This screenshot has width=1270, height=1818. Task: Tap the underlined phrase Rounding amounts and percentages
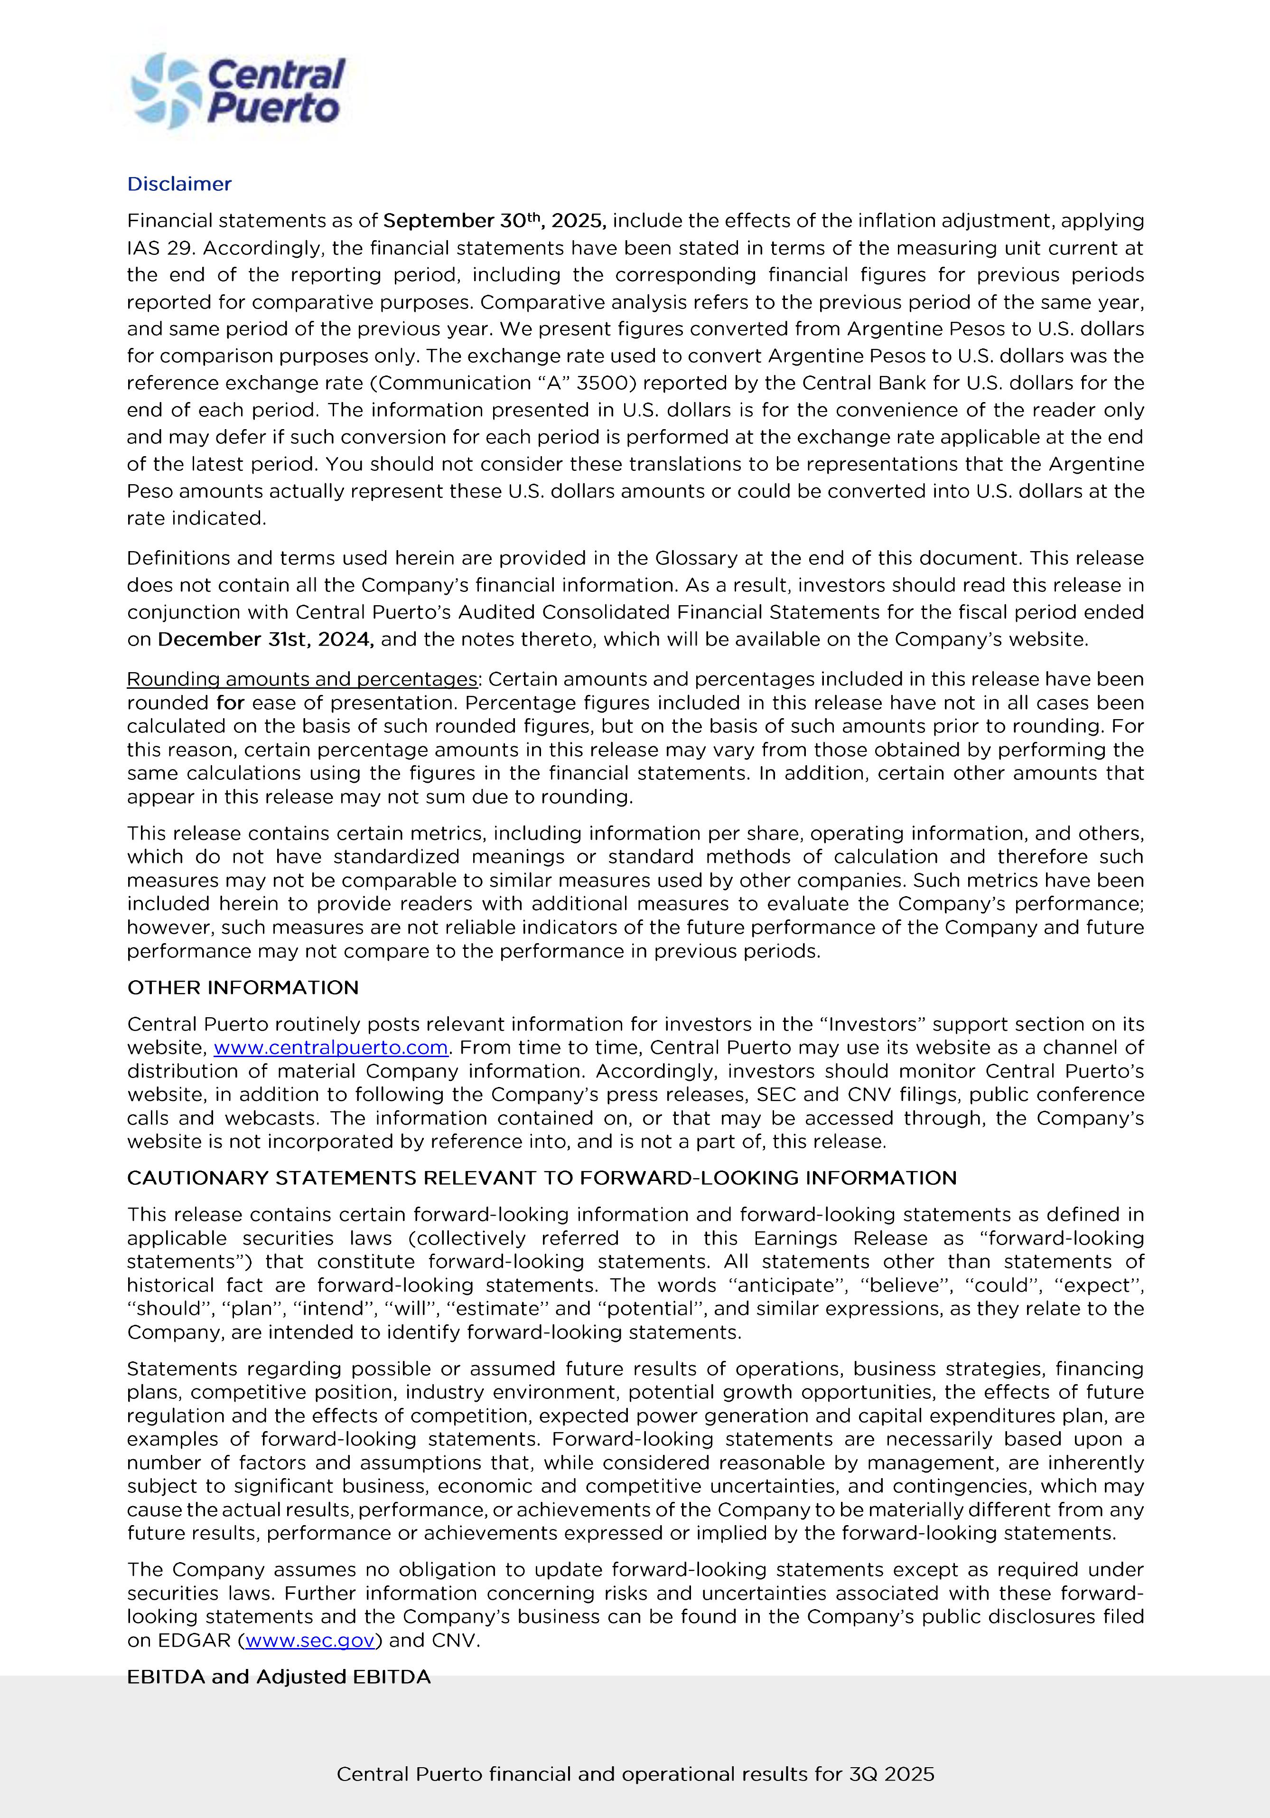pyautogui.click(x=302, y=679)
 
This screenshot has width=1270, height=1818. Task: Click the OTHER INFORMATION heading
pyautogui.click(x=243, y=987)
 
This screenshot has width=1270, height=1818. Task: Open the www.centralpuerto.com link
pyautogui.click(x=331, y=1048)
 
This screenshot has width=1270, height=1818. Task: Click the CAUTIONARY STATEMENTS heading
pyautogui.click(x=542, y=1178)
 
